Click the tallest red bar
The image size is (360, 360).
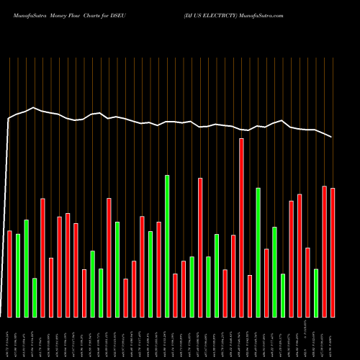click(x=241, y=228)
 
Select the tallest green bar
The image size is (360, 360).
click(x=167, y=246)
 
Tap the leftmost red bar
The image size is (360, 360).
click(x=10, y=274)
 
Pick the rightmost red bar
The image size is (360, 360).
click(x=333, y=252)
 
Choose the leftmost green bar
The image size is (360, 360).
click(x=18, y=275)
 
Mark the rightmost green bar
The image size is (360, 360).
click(x=316, y=292)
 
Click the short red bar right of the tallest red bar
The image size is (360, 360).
click(x=250, y=295)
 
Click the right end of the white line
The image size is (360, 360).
click(x=333, y=137)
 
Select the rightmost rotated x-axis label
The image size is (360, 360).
click(x=333, y=338)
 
